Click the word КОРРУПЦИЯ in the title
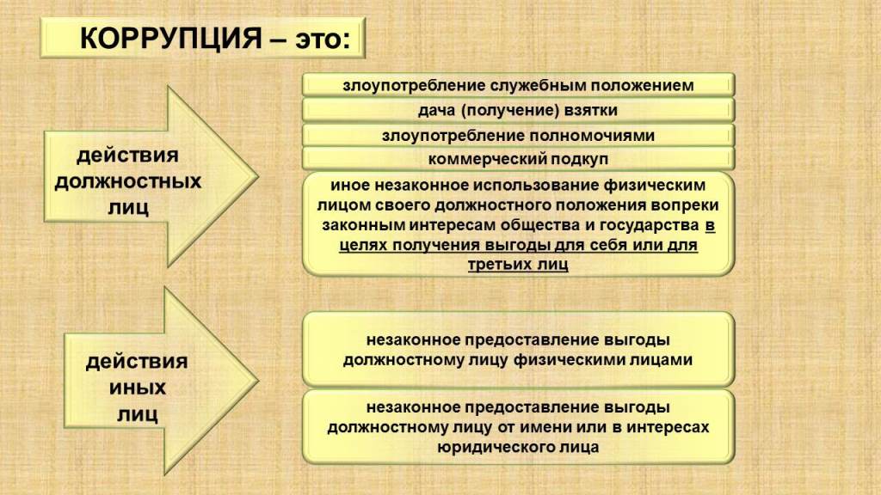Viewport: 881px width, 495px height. (x=171, y=39)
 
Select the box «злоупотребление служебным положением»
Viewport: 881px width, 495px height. (x=518, y=85)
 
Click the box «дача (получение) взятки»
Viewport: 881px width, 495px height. (x=518, y=110)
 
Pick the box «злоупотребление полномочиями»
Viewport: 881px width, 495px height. (x=518, y=135)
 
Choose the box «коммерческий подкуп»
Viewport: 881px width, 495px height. (x=518, y=159)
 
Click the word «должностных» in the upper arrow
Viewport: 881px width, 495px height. (x=128, y=182)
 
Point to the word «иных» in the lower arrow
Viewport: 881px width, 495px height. (x=138, y=388)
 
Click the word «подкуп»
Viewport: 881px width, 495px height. (x=579, y=160)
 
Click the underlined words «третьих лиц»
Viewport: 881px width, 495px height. (x=518, y=265)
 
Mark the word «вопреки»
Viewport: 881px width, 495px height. (x=681, y=205)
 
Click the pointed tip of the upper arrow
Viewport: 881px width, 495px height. (x=258, y=176)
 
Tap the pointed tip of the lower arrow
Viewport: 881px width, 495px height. (x=258, y=381)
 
